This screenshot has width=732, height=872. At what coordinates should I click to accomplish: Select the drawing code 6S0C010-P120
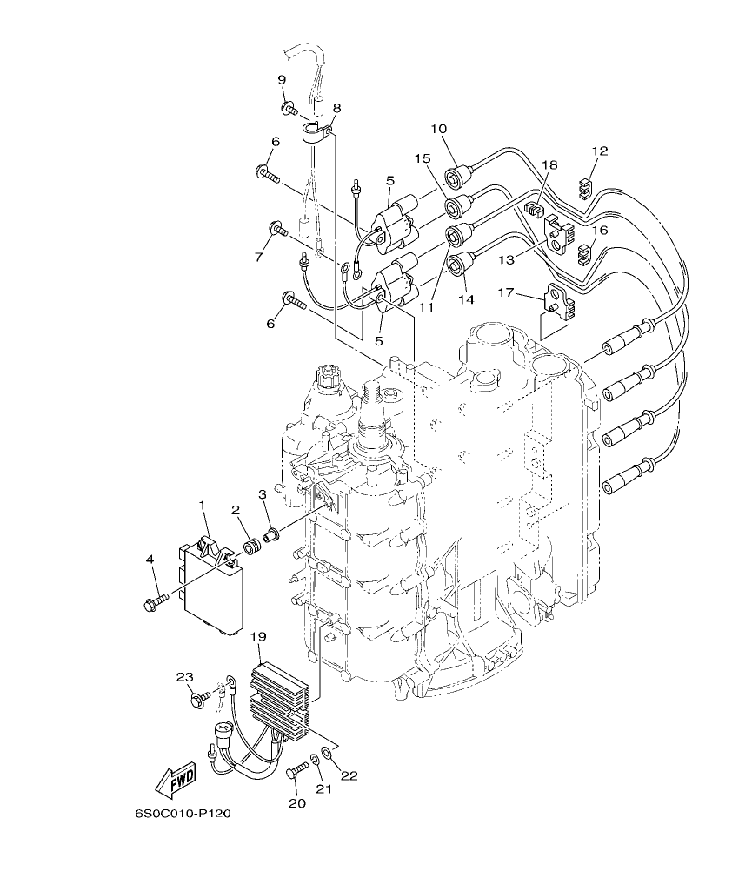183,814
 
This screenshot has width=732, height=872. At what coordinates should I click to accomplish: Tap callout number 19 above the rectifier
257,637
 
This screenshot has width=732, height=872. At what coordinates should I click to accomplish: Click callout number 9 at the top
282,80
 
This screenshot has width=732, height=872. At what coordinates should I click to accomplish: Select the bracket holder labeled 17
556,300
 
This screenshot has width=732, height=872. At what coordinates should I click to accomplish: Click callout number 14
466,298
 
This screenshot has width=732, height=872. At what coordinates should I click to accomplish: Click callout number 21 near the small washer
323,788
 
